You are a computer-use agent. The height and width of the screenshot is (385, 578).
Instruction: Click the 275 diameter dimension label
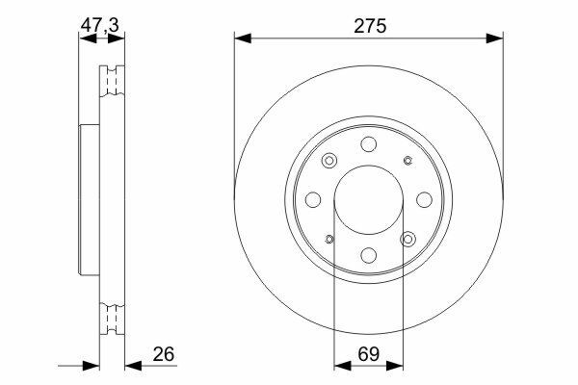pos(370,26)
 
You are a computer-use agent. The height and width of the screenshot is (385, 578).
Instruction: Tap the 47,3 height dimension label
pos(100,26)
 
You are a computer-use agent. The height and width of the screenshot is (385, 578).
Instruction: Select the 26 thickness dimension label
pos(164,354)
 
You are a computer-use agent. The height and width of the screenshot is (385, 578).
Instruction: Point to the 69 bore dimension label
pos(369,354)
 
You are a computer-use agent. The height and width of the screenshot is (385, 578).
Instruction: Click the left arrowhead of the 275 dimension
pos(243,38)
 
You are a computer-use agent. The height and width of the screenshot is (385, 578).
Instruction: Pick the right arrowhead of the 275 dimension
pos(495,38)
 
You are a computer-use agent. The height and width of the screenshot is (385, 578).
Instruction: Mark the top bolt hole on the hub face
pos(369,144)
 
